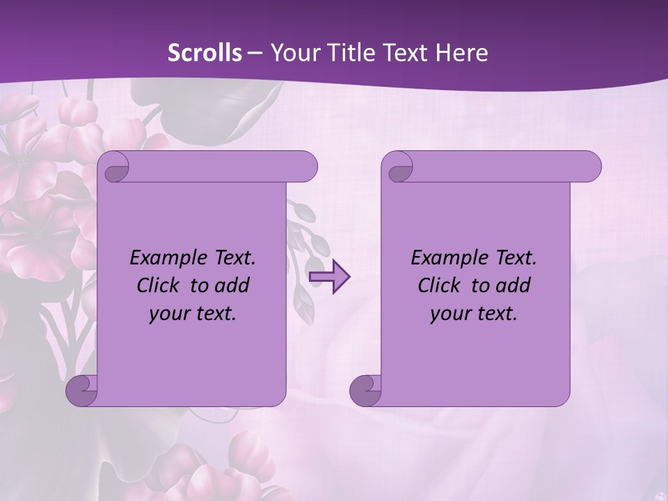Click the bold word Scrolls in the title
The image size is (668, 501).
205,53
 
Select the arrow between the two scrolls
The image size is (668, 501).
330,276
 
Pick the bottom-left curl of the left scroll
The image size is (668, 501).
82,390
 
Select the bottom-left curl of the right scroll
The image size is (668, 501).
365,390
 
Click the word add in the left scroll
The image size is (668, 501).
233,286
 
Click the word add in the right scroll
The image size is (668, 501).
514,286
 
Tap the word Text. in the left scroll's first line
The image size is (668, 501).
232,258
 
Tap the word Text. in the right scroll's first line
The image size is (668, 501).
514,258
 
